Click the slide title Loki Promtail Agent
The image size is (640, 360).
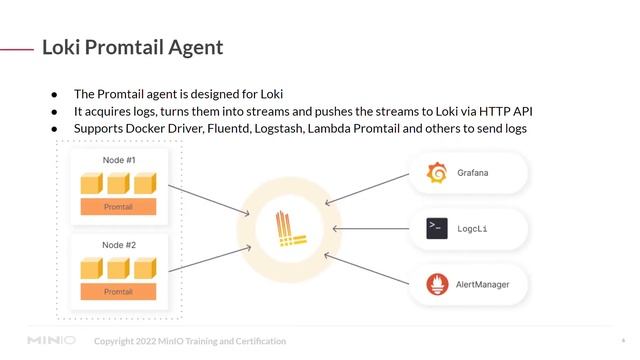point(132,47)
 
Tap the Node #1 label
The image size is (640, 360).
point(119,160)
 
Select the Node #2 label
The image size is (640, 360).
point(119,245)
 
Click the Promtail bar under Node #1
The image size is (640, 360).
point(118,206)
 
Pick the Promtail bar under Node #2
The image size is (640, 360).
point(118,291)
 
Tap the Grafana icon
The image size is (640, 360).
point(436,173)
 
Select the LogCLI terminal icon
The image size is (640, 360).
point(436,229)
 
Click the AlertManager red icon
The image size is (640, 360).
point(436,285)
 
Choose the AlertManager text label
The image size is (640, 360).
point(482,285)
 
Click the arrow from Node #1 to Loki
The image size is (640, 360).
point(210,196)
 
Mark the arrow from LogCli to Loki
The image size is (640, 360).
point(370,229)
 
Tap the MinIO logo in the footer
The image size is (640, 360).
point(52,341)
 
